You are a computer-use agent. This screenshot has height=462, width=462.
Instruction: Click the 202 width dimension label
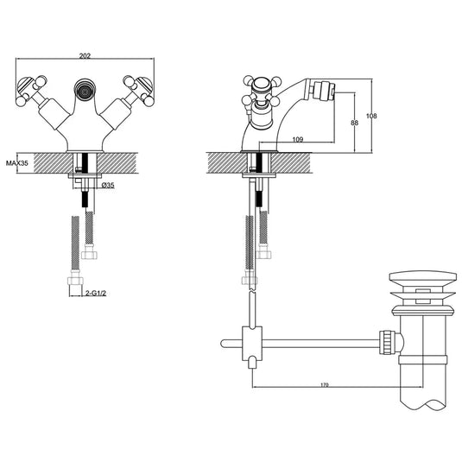point(85,57)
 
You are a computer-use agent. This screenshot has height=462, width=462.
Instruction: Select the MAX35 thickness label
point(17,162)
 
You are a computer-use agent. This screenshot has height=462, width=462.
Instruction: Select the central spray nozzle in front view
point(85,88)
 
